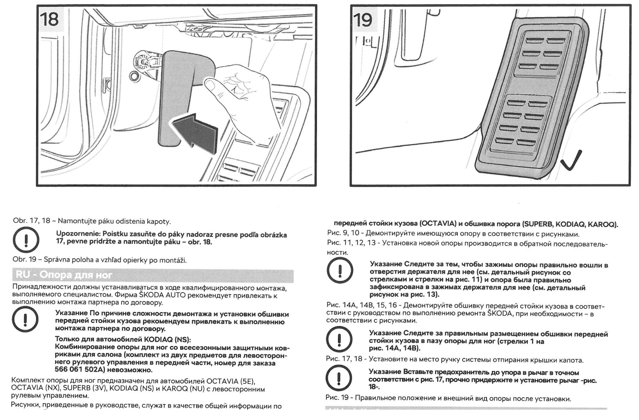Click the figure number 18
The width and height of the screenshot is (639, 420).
(x=49, y=19)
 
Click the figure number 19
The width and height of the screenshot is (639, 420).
(x=363, y=20)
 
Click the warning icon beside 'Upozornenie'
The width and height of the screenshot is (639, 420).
(x=26, y=239)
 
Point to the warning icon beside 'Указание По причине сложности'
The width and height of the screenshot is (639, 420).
(x=26, y=320)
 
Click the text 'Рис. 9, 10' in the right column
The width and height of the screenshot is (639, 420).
(x=343, y=233)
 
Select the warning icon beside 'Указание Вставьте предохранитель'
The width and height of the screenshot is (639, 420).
(x=339, y=378)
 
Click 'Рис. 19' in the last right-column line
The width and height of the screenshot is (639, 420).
(x=337, y=398)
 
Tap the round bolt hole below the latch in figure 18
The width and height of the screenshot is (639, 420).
(x=134, y=75)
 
